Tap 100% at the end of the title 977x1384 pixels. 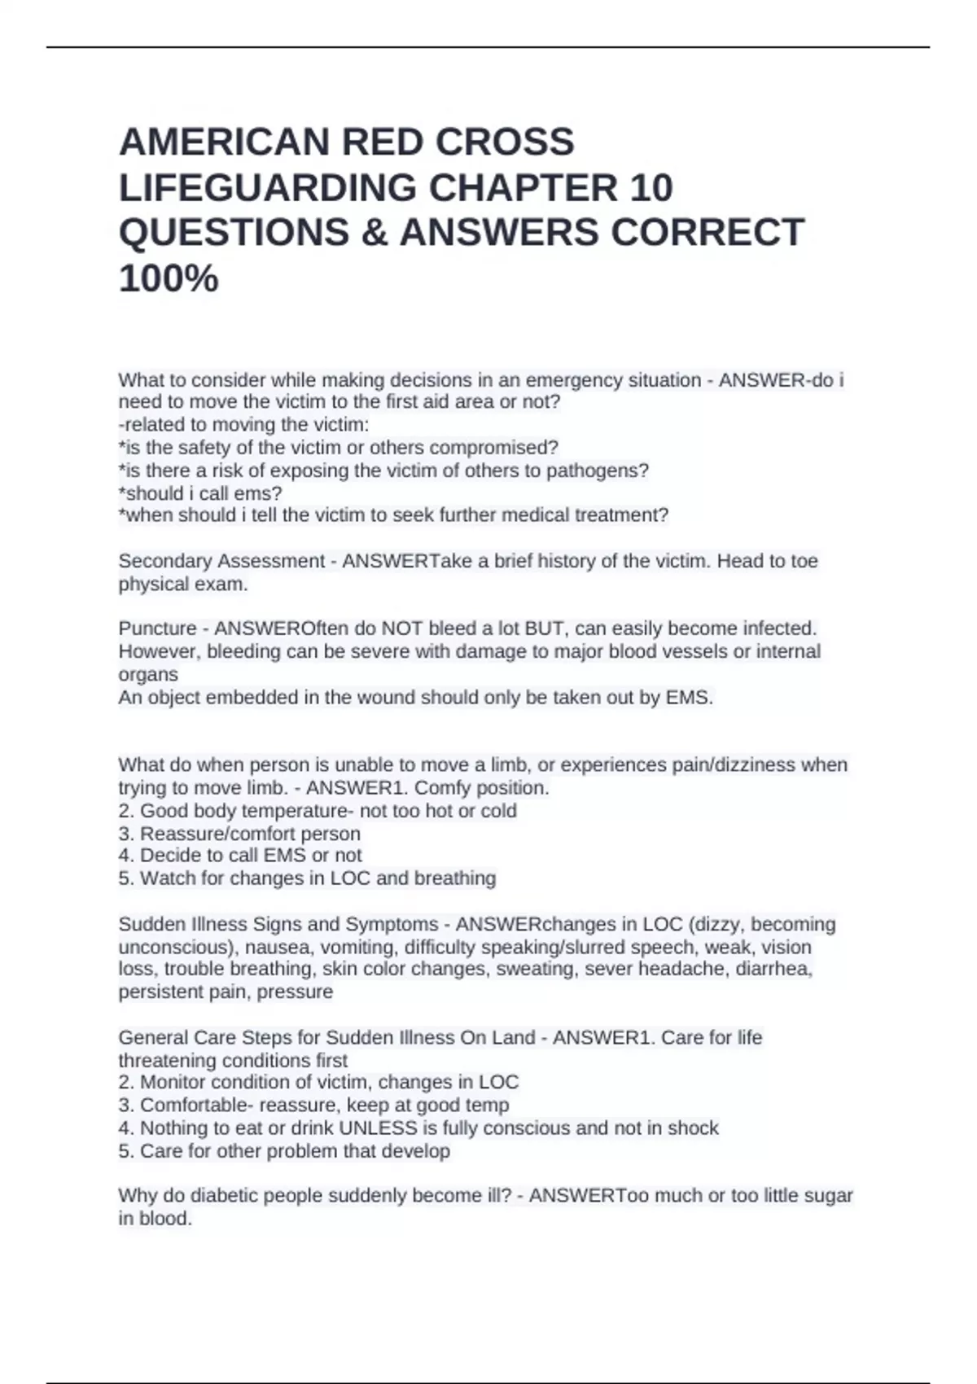169,278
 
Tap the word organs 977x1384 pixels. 148,675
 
